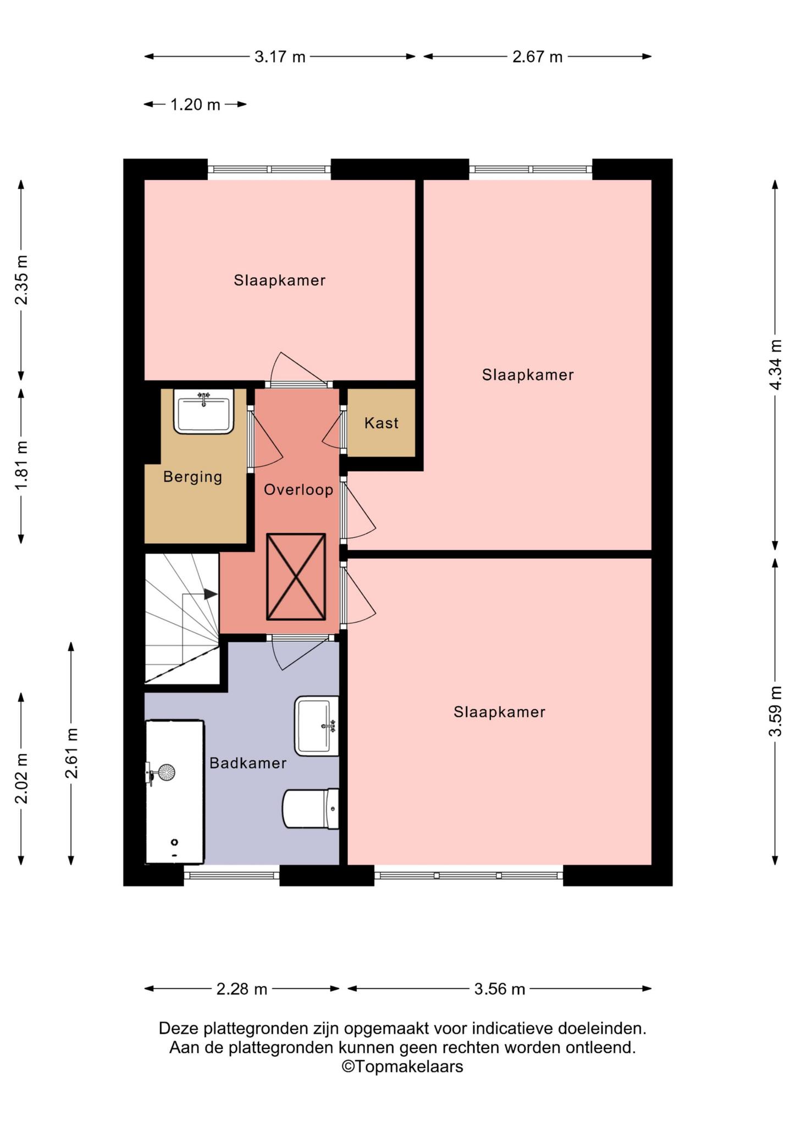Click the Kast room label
[381, 423]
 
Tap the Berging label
[193, 477]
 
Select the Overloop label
[298, 489]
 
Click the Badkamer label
[248, 763]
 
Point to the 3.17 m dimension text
[280, 57]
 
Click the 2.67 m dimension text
[538, 57]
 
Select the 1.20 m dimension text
[195, 104]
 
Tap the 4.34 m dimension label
[775, 365]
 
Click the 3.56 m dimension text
[500, 989]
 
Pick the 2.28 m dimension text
[242, 989]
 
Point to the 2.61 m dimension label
[71, 753]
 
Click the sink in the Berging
[203, 411]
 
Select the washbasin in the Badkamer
[317, 726]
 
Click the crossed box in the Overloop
[296, 576]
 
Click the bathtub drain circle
[175, 842]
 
